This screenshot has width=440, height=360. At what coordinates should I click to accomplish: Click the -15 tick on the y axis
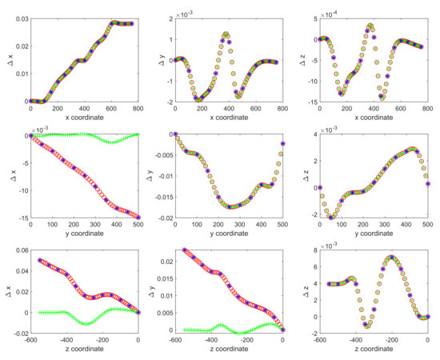(x=20, y=218)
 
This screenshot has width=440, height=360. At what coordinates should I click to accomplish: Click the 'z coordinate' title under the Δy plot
(x=228, y=351)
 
